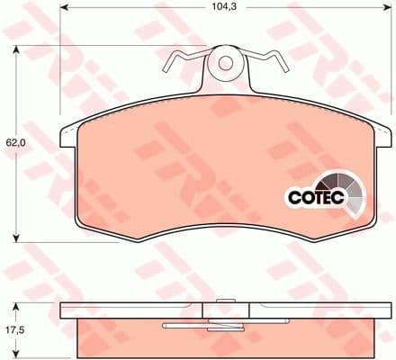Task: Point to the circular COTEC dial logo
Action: click(x=346, y=188)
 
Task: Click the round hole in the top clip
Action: click(x=226, y=63)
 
